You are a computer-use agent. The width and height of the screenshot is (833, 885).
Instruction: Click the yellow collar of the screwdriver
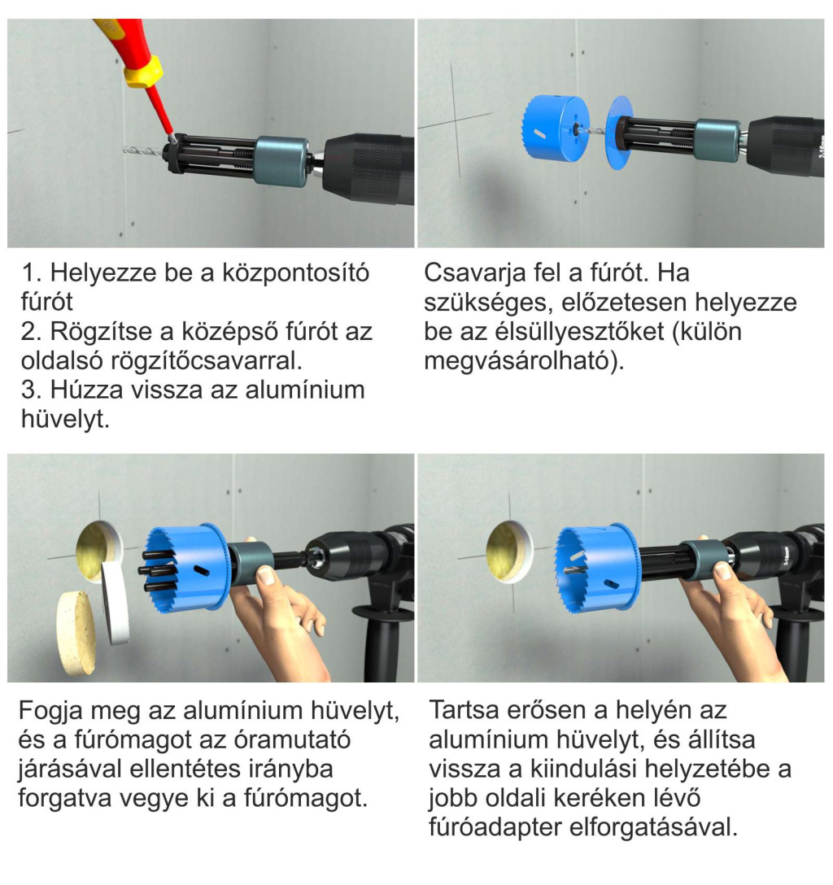pyautogui.click(x=144, y=72)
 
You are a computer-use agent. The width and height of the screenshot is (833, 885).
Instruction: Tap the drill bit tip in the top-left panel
pyautogui.click(x=124, y=150)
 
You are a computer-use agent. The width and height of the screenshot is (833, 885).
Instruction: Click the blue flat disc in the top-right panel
pyautogui.click(x=619, y=133)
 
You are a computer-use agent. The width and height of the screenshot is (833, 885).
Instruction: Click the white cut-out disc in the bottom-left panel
pyautogui.click(x=116, y=602)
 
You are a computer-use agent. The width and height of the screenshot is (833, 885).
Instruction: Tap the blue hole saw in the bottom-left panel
pyautogui.click(x=186, y=569)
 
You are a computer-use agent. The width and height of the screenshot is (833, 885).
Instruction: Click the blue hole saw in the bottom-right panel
pyautogui.click(x=597, y=569)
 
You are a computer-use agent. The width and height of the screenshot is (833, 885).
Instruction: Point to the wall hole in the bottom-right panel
pyautogui.click(x=509, y=551)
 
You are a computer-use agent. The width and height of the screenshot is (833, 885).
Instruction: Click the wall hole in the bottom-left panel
pyautogui.click(x=99, y=551)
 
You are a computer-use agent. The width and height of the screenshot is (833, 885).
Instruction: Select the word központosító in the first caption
pyautogui.click(x=295, y=273)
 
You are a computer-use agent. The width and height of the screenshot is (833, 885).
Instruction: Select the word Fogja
pyautogui.click(x=51, y=711)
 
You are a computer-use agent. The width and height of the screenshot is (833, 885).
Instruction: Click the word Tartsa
pyautogui.click(x=465, y=711)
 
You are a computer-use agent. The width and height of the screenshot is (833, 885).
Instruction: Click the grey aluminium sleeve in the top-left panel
pyautogui.click(x=281, y=161)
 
